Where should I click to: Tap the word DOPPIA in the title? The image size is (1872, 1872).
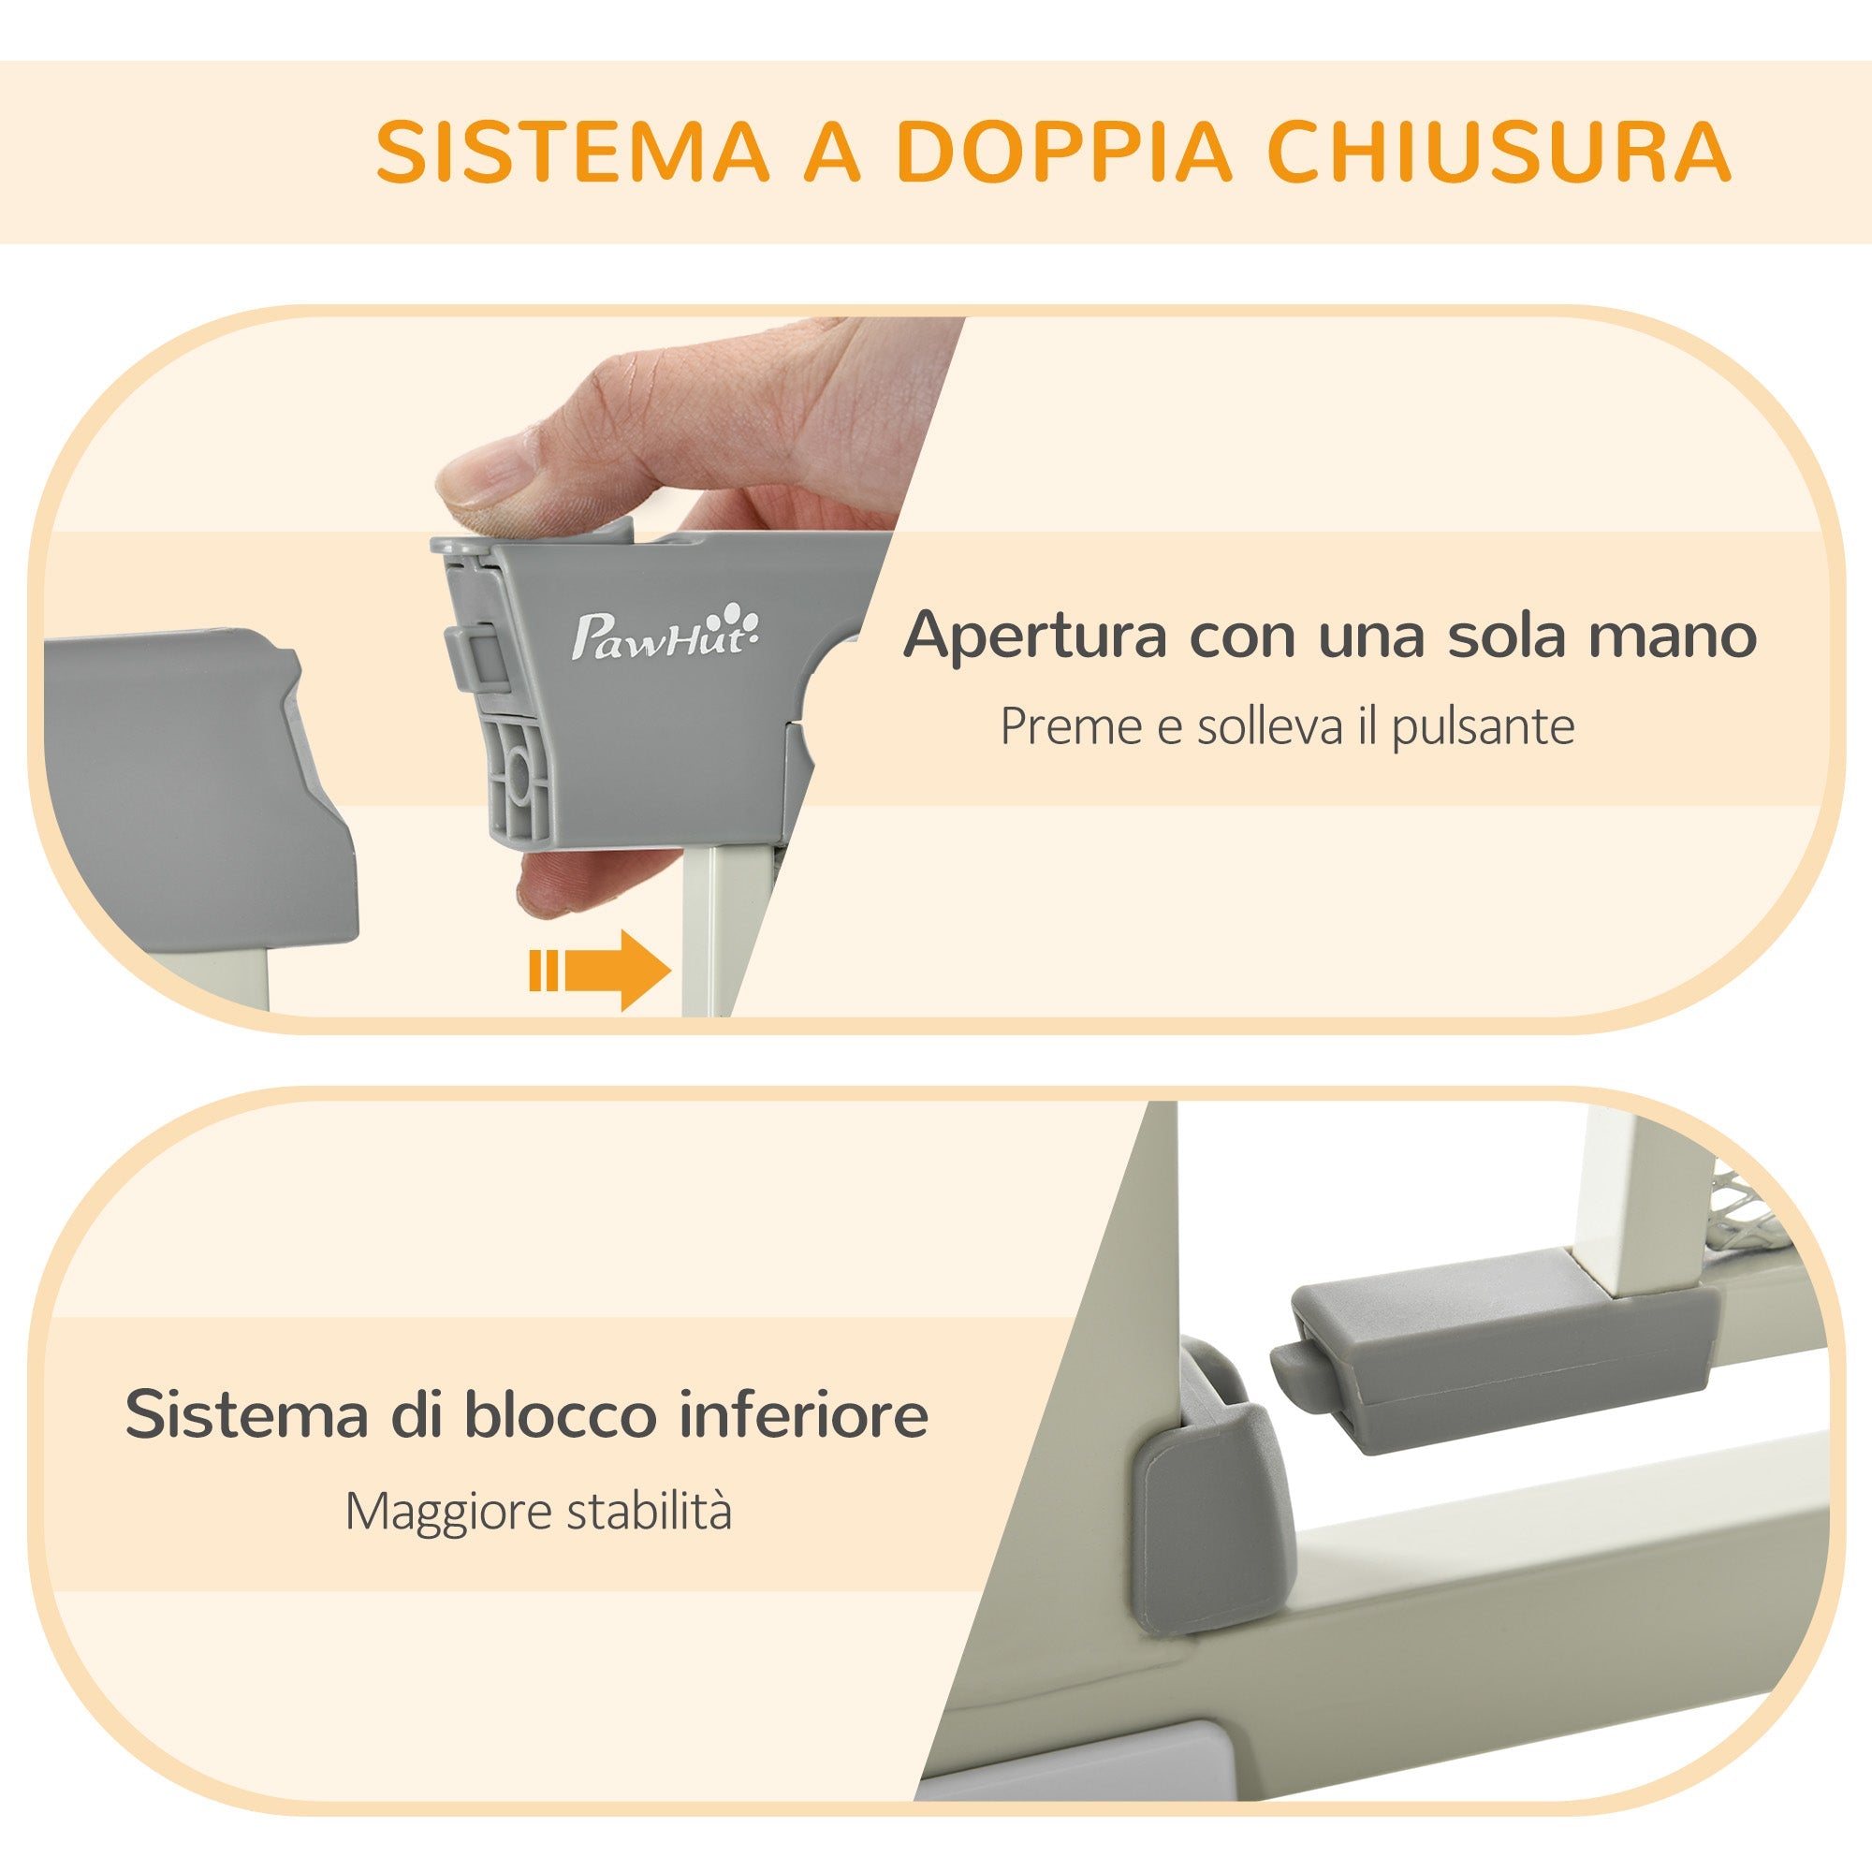1063,153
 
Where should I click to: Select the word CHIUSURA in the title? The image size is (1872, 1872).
1498,153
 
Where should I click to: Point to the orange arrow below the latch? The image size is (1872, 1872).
602,970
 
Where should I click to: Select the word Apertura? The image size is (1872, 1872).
1034,636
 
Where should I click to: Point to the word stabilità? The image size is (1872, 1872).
651,1512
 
